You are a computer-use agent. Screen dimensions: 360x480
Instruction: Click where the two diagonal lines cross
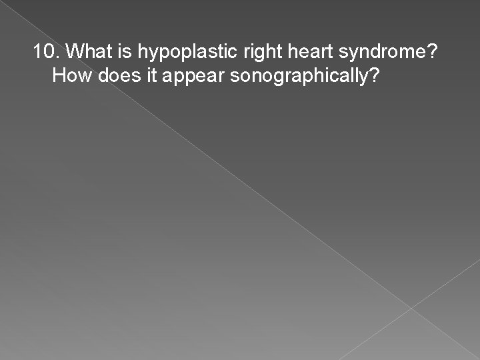tap(412, 308)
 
